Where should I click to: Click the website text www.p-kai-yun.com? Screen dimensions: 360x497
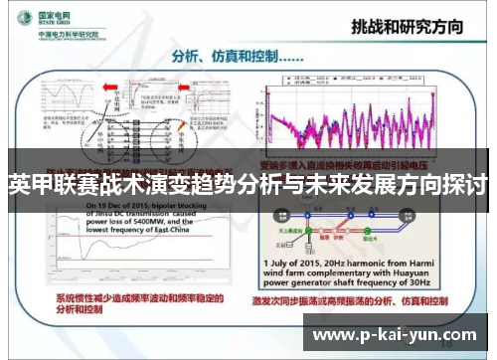[396, 335]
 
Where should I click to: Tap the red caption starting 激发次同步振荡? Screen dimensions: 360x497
[368, 298]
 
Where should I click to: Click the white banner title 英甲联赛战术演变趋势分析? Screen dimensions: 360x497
[248, 185]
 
